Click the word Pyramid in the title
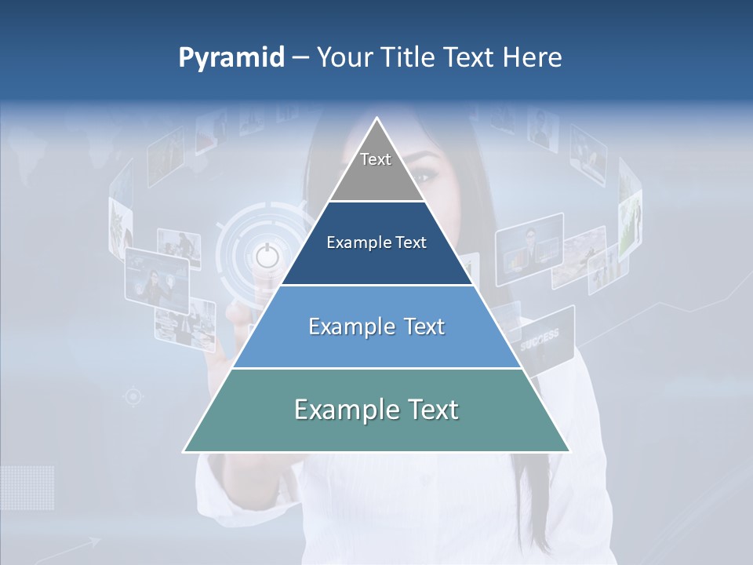pos(231,58)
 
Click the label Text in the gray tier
pos(376,159)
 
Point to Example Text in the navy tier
pos(376,242)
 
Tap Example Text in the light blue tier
pos(376,326)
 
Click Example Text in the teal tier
pos(376,410)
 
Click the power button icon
pos(267,255)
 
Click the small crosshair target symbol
pos(133,397)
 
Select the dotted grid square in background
pos(27,487)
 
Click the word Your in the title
pos(343,57)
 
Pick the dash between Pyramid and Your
pos(300,58)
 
